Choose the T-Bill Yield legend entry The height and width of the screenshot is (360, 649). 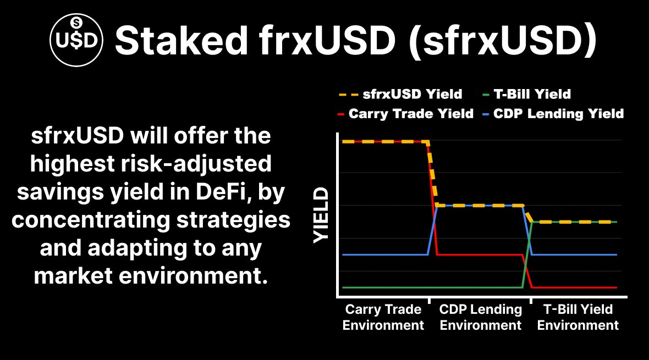pyautogui.click(x=530, y=95)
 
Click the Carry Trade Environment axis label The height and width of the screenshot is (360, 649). pyautogui.click(x=383, y=317)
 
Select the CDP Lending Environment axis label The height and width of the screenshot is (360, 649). pyautogui.click(x=481, y=317)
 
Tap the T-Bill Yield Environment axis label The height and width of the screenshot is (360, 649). pyautogui.click(x=577, y=317)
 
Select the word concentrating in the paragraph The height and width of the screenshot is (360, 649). pyautogui.click(x=94, y=220)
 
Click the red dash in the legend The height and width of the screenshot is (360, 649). pyautogui.click(x=342, y=114)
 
